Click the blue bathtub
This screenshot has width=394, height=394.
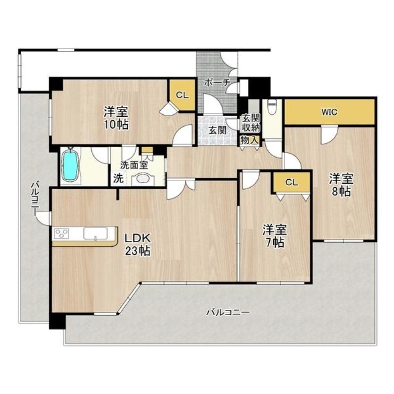click(71, 165)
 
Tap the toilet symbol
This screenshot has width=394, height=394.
click(272, 107)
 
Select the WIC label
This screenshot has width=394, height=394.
click(329, 112)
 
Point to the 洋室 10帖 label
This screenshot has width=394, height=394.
click(116, 118)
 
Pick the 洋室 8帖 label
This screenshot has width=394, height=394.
click(341, 185)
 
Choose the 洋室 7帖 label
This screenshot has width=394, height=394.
click(275, 236)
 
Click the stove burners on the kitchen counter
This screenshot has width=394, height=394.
click(62, 233)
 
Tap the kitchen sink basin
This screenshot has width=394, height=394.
click(95, 233)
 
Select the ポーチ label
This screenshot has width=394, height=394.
click(217, 82)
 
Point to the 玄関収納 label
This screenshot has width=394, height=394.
click(251, 123)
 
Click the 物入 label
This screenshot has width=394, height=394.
click(250, 140)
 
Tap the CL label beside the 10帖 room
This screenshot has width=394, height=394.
click(182, 95)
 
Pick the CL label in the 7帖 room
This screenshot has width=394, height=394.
click(291, 182)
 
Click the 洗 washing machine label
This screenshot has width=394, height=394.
click(118, 178)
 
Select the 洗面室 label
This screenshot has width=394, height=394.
click(134, 165)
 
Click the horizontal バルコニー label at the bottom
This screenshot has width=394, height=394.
click(228, 312)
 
